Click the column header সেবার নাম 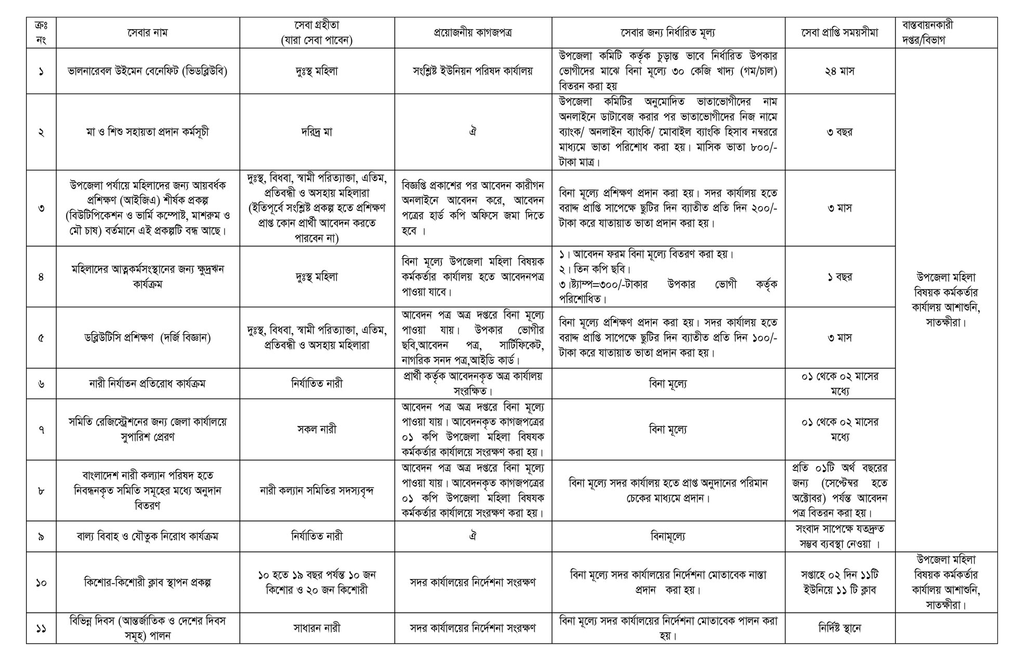[x=148, y=33]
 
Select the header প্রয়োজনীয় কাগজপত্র [x=472, y=33]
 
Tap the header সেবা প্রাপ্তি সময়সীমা [x=839, y=33]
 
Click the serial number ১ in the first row [x=41, y=71]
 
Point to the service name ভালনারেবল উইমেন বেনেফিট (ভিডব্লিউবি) [x=148, y=71]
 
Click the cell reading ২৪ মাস [x=839, y=71]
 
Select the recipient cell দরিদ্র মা [x=317, y=132]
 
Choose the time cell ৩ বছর [x=839, y=132]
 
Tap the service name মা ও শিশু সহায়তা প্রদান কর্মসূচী [x=148, y=132]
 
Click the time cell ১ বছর [x=839, y=277]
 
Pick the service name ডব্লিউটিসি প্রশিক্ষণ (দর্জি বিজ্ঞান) [x=148, y=338]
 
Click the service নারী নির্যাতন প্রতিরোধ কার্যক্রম [x=148, y=384]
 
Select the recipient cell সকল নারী [x=317, y=430]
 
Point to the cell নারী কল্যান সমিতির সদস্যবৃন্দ [x=317, y=490]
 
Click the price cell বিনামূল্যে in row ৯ [x=668, y=536]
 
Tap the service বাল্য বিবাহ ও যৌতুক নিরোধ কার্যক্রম [x=148, y=536]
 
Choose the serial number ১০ [x=41, y=582]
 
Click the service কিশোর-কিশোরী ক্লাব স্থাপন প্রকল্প [x=148, y=582]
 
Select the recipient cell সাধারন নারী [x=317, y=628]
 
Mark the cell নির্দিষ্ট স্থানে [x=839, y=628]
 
